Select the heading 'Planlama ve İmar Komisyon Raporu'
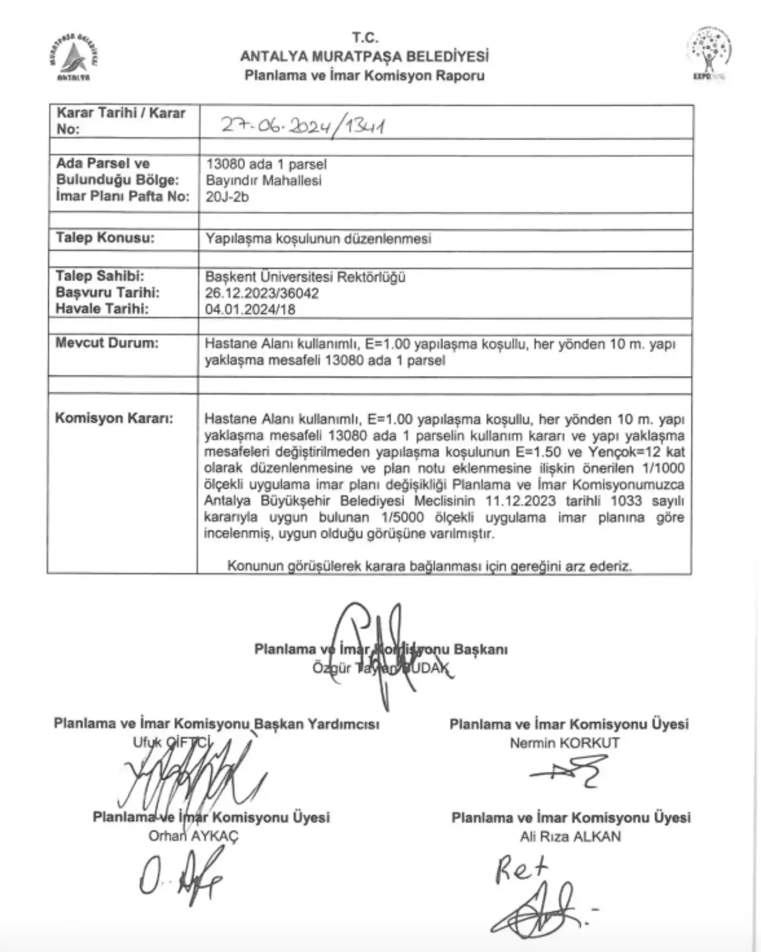pyautogui.click(x=364, y=75)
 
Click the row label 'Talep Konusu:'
pyautogui.click(x=105, y=238)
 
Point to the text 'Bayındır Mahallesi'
pyautogui.click(x=263, y=180)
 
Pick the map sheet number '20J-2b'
pyautogui.click(x=227, y=197)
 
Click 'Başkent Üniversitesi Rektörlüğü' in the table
pyautogui.click(x=305, y=277)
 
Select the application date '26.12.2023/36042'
pyautogui.click(x=262, y=293)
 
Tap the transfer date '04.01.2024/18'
pyautogui.click(x=250, y=309)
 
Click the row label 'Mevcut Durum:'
pyautogui.click(x=107, y=343)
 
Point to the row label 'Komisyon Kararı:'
pyautogui.click(x=114, y=418)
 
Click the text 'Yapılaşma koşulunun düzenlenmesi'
pyautogui.click(x=318, y=238)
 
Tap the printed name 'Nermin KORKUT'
pyautogui.click(x=564, y=743)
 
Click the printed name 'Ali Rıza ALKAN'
pyautogui.click(x=570, y=836)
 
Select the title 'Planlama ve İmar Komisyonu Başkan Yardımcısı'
pyautogui.click(x=216, y=723)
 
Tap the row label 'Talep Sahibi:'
pyautogui.click(x=100, y=276)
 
